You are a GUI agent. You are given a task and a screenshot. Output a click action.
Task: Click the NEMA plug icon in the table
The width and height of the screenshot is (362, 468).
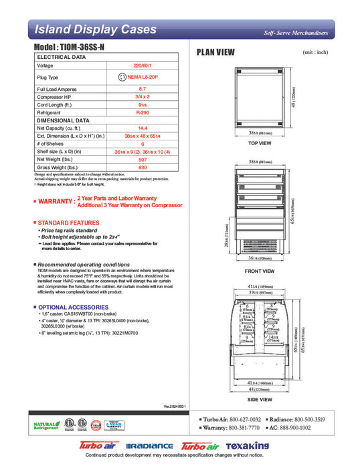pyautogui.click(x=122, y=78)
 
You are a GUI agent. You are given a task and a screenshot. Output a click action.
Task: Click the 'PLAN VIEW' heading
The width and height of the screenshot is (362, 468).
pyautogui.click(x=215, y=52)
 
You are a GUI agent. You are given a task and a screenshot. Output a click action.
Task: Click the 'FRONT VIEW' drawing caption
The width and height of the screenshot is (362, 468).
pyautogui.click(x=259, y=271)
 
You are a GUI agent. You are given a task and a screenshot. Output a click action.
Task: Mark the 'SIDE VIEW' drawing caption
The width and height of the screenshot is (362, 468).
pyautogui.click(x=259, y=399)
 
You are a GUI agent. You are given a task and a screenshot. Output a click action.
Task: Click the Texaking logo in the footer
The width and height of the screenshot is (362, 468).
pyautogui.click(x=247, y=445)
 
